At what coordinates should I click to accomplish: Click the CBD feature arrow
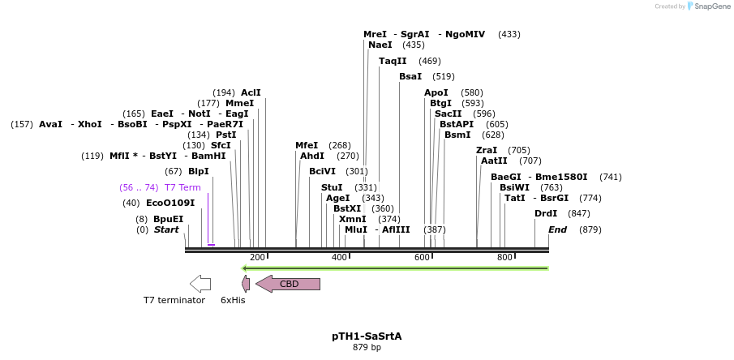point(289,284)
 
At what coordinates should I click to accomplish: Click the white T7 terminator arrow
point(200,284)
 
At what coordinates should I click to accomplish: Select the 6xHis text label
point(233,300)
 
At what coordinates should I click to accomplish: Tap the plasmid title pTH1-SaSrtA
point(367,336)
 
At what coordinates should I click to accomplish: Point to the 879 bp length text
point(367,348)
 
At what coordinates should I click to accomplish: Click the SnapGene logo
point(708,6)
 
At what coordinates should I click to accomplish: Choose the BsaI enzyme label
point(410,76)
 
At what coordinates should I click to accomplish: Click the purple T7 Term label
point(182,187)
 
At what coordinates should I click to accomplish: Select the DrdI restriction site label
point(546,213)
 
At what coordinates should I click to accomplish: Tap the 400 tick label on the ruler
point(339,258)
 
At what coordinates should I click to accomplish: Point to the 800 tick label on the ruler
point(504,258)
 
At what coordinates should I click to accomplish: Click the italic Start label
point(166,229)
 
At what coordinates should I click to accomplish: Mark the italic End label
point(557,229)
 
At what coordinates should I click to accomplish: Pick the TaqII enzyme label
point(393,61)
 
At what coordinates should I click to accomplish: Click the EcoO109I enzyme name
point(170,203)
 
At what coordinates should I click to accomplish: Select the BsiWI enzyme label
point(514,187)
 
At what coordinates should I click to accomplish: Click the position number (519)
point(444,76)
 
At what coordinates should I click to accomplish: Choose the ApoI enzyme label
point(436,92)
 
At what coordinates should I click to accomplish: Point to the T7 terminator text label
point(174,300)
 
